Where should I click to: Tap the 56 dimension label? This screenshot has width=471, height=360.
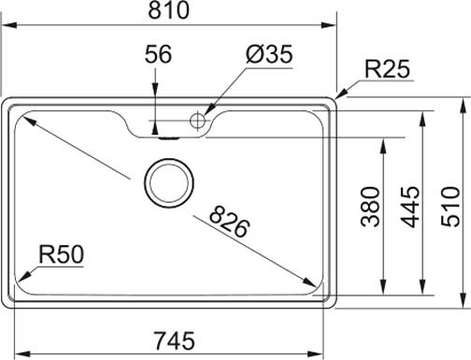pyautogui.click(x=159, y=54)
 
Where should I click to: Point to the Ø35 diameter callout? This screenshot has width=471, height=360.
pyautogui.click(x=270, y=54)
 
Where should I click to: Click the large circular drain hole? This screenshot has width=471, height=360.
pyautogui.click(x=168, y=181)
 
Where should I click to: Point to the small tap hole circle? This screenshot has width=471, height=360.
pyautogui.click(x=197, y=120)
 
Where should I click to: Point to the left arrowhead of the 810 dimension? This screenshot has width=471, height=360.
pyautogui.click(x=6, y=29)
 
